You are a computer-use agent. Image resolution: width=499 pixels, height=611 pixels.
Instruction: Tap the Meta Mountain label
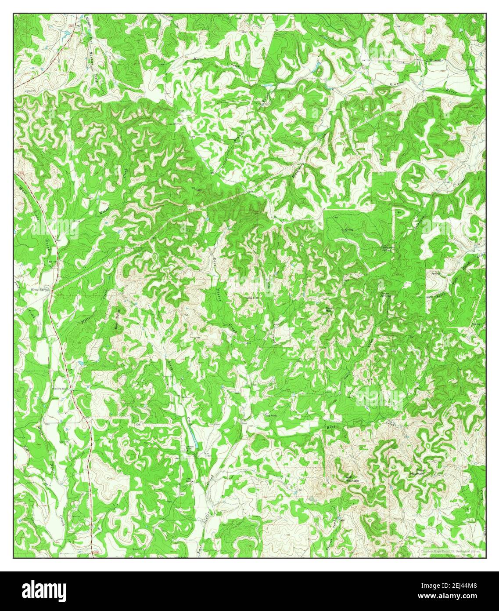[x=416, y=472]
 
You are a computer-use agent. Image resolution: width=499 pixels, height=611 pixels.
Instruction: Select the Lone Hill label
[x=252, y=298]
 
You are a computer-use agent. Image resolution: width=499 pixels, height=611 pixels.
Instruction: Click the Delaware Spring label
[x=386, y=248]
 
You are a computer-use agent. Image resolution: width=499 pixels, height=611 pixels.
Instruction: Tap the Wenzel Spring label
[x=38, y=290]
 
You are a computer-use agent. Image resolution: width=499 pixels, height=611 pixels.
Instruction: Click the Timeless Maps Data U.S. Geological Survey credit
[x=450, y=551]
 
